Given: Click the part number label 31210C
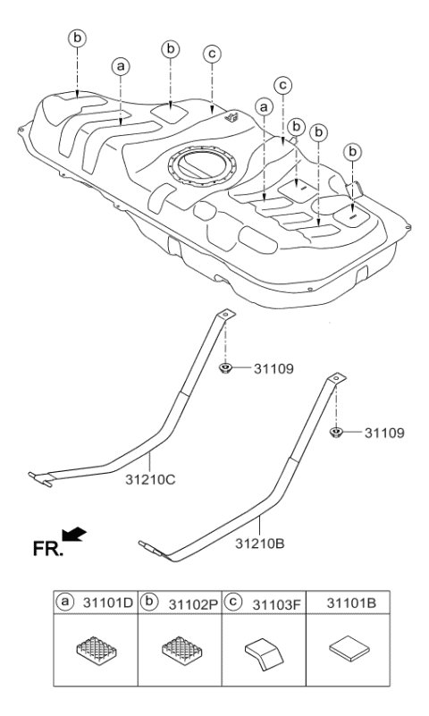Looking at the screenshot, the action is click(x=150, y=480).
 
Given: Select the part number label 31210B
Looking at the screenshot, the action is click(x=260, y=543).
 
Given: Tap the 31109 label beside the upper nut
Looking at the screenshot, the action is click(x=273, y=369).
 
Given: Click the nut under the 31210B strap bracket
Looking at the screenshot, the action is click(x=336, y=432).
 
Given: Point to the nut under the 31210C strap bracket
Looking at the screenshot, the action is click(x=225, y=367).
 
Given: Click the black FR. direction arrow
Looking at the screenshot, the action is click(x=73, y=535).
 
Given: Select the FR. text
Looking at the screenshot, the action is click(x=47, y=549).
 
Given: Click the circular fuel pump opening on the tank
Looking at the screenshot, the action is click(x=201, y=167).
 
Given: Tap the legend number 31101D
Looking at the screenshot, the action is click(x=108, y=603).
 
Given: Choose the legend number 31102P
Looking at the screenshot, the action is click(x=194, y=604).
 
